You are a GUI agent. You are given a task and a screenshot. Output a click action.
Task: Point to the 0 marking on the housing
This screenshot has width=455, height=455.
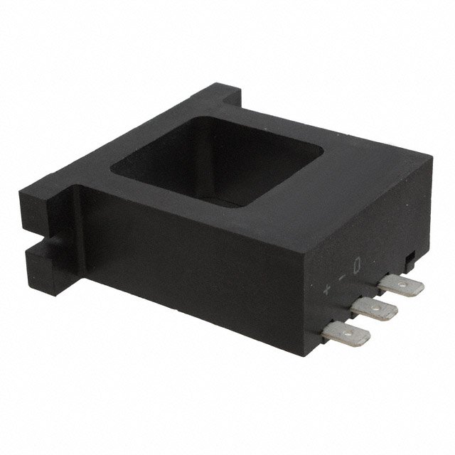(x=357, y=265)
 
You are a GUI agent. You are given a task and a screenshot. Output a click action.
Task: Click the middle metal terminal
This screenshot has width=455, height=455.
(x=374, y=309)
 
